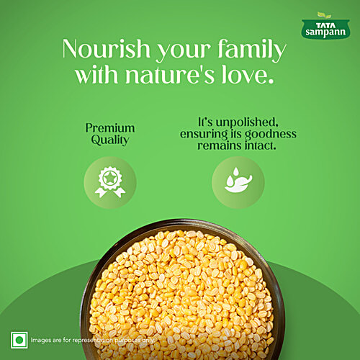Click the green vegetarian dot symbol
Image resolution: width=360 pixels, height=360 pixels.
19,338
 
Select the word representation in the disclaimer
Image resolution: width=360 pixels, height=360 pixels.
102,339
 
